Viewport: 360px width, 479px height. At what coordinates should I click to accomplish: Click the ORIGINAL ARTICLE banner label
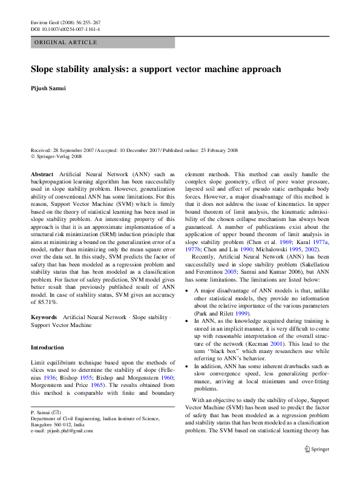point(65,42)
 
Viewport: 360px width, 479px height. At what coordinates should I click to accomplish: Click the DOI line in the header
point(65,28)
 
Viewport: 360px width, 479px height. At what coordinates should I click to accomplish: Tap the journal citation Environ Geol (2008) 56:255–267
point(65,22)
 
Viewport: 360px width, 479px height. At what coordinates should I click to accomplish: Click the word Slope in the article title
point(44,69)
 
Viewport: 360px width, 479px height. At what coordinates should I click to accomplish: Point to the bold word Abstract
point(42,174)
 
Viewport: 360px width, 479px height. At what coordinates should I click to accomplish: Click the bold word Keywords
point(44,317)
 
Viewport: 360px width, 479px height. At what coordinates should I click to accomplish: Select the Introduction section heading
point(47,348)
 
